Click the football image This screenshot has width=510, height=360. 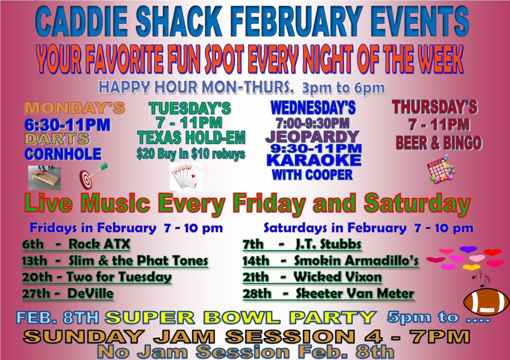point(486,301)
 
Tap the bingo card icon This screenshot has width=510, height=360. point(441,169)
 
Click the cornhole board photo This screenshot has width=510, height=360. point(44,178)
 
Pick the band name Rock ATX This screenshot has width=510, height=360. point(99,244)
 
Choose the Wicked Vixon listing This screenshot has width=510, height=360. point(338,277)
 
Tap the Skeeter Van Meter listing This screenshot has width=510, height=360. point(355,293)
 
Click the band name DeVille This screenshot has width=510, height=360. point(91,293)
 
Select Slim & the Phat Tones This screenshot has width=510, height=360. point(138,260)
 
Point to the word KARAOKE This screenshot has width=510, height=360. point(314,160)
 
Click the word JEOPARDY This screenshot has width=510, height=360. point(312,137)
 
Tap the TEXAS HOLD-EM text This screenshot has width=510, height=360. point(191,137)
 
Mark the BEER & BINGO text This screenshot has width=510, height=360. point(439,143)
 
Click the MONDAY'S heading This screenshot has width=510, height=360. point(75,108)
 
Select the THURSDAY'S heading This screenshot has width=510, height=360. point(435,108)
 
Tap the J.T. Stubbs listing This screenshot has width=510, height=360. point(328,244)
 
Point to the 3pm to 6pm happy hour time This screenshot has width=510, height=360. point(344,88)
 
